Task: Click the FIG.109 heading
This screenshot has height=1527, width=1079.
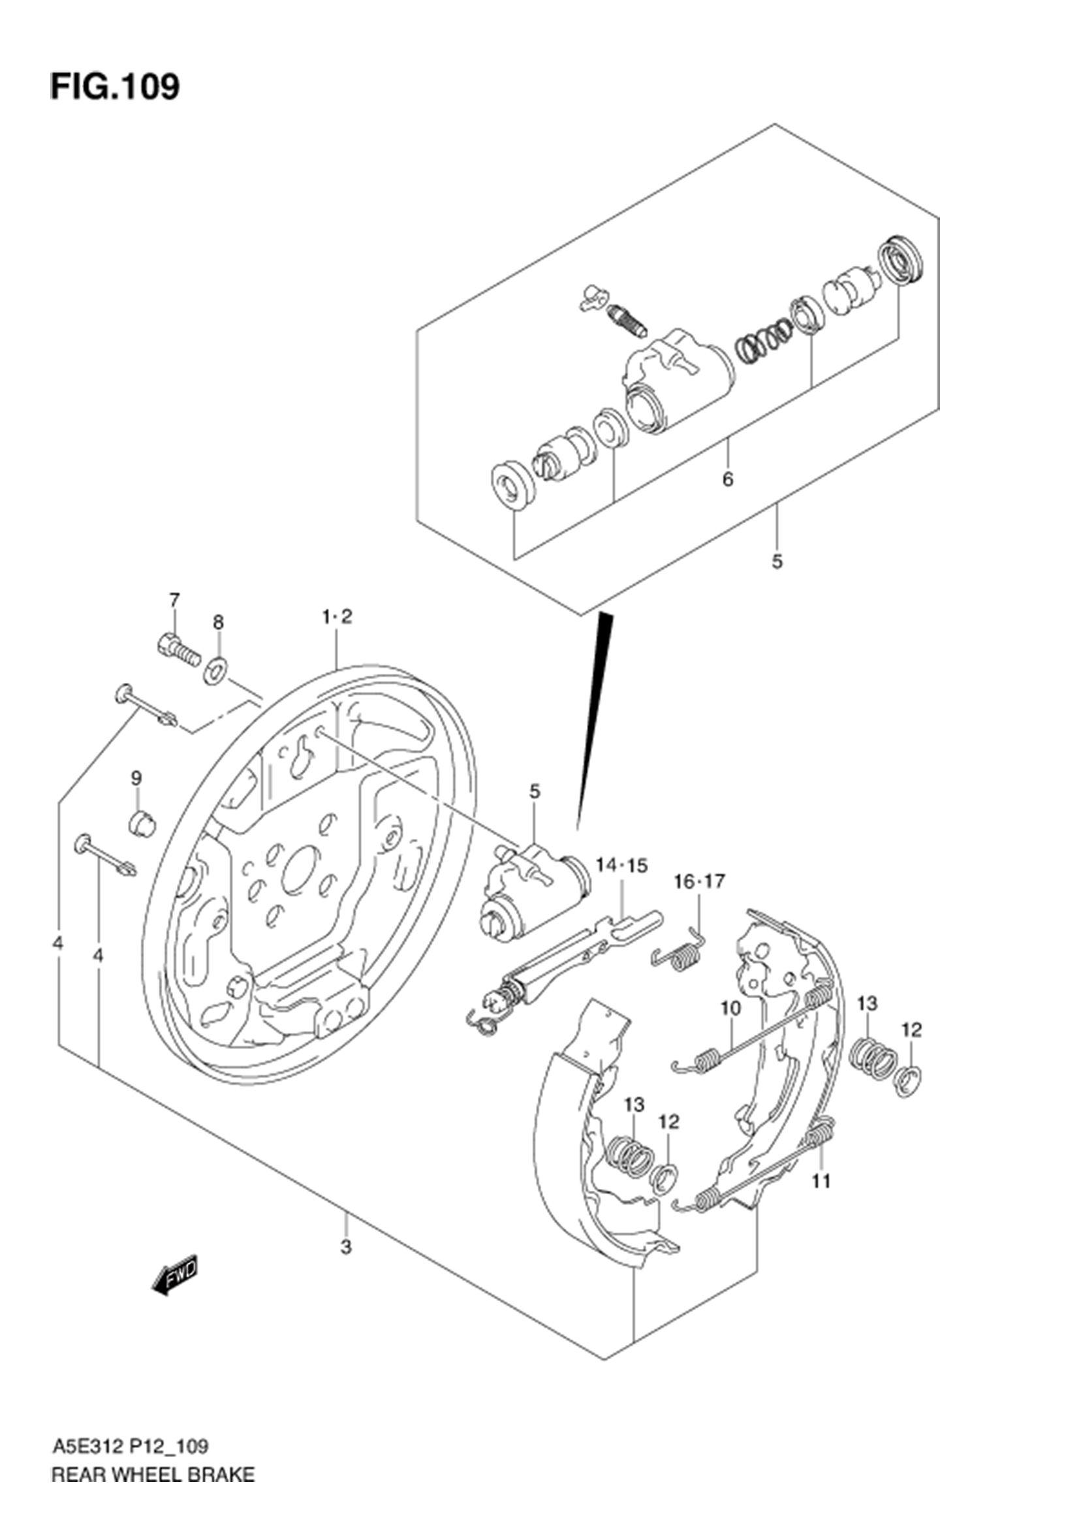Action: pyautogui.click(x=115, y=87)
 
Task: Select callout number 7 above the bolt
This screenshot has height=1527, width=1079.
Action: pyautogui.click(x=174, y=601)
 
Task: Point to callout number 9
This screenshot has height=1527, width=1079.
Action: pyautogui.click(x=136, y=778)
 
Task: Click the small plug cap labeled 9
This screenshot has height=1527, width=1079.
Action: pyautogui.click(x=141, y=824)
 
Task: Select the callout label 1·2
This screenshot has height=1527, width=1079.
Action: pyautogui.click(x=337, y=617)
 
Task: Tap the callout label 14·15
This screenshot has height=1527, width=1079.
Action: pyautogui.click(x=621, y=865)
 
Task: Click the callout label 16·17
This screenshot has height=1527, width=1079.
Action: pyautogui.click(x=698, y=882)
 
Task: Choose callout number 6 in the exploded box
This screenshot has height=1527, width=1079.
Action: pyautogui.click(x=727, y=479)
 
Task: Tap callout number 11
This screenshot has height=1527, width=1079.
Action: pyautogui.click(x=822, y=1181)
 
